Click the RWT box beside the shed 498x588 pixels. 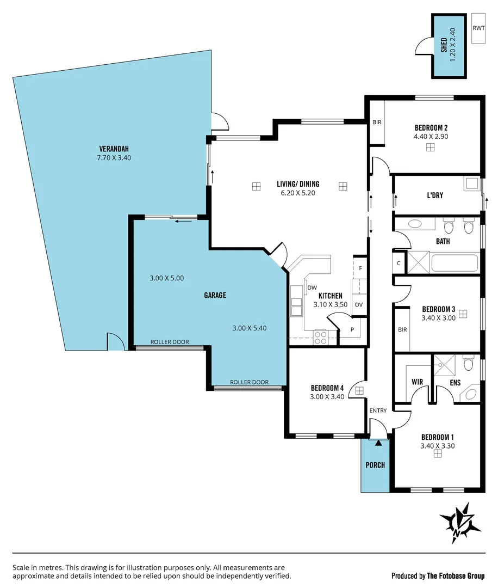(479, 28)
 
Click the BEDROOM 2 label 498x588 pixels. (431, 128)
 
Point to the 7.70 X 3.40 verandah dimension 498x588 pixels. (114, 158)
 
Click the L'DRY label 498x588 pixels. (435, 195)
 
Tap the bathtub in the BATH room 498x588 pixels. (455, 263)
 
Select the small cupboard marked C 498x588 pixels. (399, 264)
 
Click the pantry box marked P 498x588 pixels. (352, 329)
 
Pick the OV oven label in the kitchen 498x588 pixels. (358, 304)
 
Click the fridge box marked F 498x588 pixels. (360, 268)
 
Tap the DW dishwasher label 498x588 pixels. (312, 287)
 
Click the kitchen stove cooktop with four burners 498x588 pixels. (321, 338)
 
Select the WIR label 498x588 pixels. (417, 382)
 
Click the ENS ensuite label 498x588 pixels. (455, 383)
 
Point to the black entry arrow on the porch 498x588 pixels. (379, 443)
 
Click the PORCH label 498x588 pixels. (375, 465)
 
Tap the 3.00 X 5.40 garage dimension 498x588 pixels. (249, 328)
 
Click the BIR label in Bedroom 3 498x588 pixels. (402, 330)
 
